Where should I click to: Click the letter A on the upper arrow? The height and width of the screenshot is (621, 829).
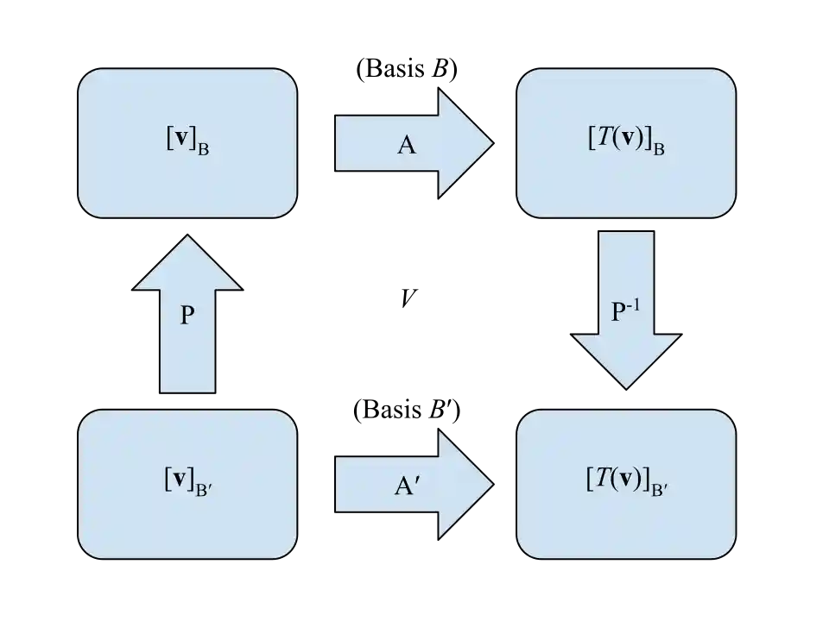pos(406,144)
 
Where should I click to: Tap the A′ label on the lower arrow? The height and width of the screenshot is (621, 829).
pos(407,485)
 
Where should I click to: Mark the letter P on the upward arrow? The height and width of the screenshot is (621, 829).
pos(187,316)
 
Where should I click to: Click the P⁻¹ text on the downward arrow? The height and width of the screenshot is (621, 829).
pos(625,310)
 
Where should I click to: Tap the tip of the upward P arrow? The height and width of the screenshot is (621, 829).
pos(187,238)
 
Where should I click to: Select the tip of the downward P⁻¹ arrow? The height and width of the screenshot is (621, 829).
pos(625,385)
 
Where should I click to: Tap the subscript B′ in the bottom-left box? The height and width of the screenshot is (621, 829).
pos(205,492)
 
